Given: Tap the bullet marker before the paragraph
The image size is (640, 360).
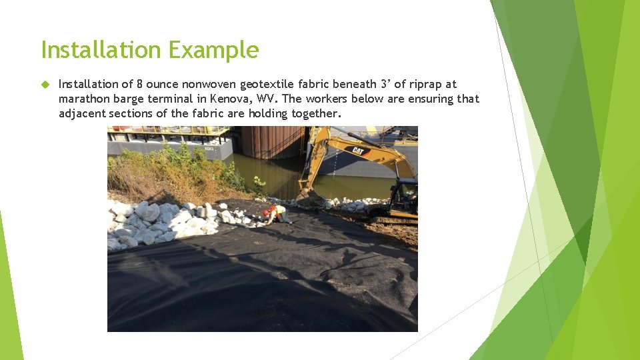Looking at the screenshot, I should pos(45,85).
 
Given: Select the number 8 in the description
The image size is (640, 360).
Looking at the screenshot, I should pos(139,84).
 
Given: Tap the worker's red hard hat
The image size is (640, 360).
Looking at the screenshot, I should pos(267,213).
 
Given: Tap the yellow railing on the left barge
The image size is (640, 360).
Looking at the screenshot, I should pos(167,131).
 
